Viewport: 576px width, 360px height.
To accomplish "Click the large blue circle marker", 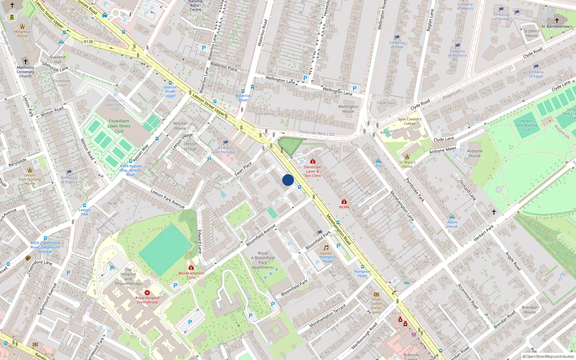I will [288, 180].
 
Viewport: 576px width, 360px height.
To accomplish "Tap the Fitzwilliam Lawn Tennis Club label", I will [119, 126].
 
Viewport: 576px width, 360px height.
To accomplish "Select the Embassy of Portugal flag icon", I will [226, 143].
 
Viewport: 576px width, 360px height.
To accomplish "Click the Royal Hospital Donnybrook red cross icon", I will [147, 293].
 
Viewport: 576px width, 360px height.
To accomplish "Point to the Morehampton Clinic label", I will [191, 275].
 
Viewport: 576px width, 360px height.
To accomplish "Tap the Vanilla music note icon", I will [326, 248].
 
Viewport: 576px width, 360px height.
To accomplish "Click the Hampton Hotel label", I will [362, 274].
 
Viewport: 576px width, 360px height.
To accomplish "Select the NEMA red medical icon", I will [344, 202].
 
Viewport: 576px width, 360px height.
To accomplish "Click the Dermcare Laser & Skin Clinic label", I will [312, 171].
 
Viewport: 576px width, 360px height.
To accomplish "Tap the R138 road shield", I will [88, 42].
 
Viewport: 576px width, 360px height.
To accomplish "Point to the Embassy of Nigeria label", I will [69, 180].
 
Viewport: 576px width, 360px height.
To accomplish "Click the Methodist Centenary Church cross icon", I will [25, 62].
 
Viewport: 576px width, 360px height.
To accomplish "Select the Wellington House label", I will [348, 109].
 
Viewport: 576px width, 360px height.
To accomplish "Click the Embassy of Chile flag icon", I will [397, 37].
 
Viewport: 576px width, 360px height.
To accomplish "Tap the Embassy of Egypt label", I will [536, 74].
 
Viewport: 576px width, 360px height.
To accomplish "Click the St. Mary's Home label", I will [407, 165].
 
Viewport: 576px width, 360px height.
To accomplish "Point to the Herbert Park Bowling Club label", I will [526, 125].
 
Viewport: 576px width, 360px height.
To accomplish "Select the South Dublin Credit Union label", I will [376, 306].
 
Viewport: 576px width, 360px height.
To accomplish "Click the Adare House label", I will [452, 224].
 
